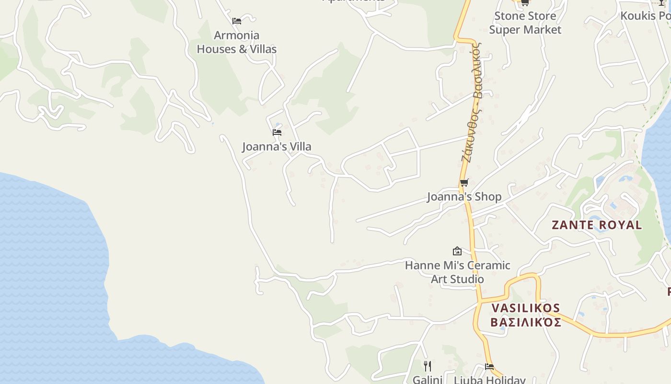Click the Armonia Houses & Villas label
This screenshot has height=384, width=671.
(237, 42)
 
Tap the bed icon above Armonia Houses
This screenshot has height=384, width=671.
(236, 21)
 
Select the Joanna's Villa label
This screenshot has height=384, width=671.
(277, 146)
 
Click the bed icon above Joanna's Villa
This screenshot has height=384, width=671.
(277, 132)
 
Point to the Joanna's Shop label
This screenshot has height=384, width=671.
(464, 197)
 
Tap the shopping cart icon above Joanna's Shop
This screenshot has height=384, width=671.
(464, 182)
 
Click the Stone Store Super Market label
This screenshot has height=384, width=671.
(525, 23)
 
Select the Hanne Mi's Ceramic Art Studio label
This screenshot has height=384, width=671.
(457, 272)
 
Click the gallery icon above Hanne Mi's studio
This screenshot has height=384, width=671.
(457, 251)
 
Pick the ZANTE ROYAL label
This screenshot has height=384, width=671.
(597, 225)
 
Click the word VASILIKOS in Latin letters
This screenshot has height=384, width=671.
(526, 308)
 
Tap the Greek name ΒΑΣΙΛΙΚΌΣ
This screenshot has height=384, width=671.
(526, 322)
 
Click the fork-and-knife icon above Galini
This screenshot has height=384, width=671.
(428, 366)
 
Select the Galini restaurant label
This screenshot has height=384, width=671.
(428, 380)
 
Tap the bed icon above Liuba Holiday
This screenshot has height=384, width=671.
(489, 367)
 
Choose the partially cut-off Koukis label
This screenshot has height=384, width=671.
(645, 16)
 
